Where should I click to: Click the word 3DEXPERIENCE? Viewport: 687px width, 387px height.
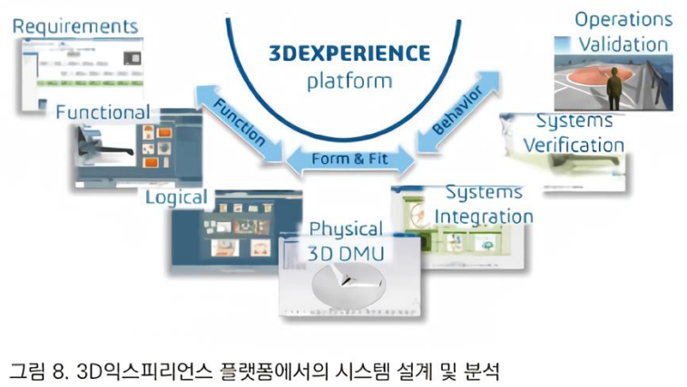(x=348, y=52)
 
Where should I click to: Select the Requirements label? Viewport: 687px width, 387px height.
(x=75, y=25)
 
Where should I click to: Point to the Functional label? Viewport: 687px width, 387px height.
(x=103, y=111)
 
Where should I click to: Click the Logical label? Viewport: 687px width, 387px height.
(x=176, y=197)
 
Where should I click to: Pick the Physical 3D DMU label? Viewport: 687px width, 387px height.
(x=346, y=239)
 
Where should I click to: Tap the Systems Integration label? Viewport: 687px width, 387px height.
(x=484, y=204)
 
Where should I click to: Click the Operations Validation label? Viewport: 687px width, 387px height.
(x=623, y=31)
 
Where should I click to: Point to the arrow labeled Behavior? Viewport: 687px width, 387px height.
(x=458, y=112)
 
